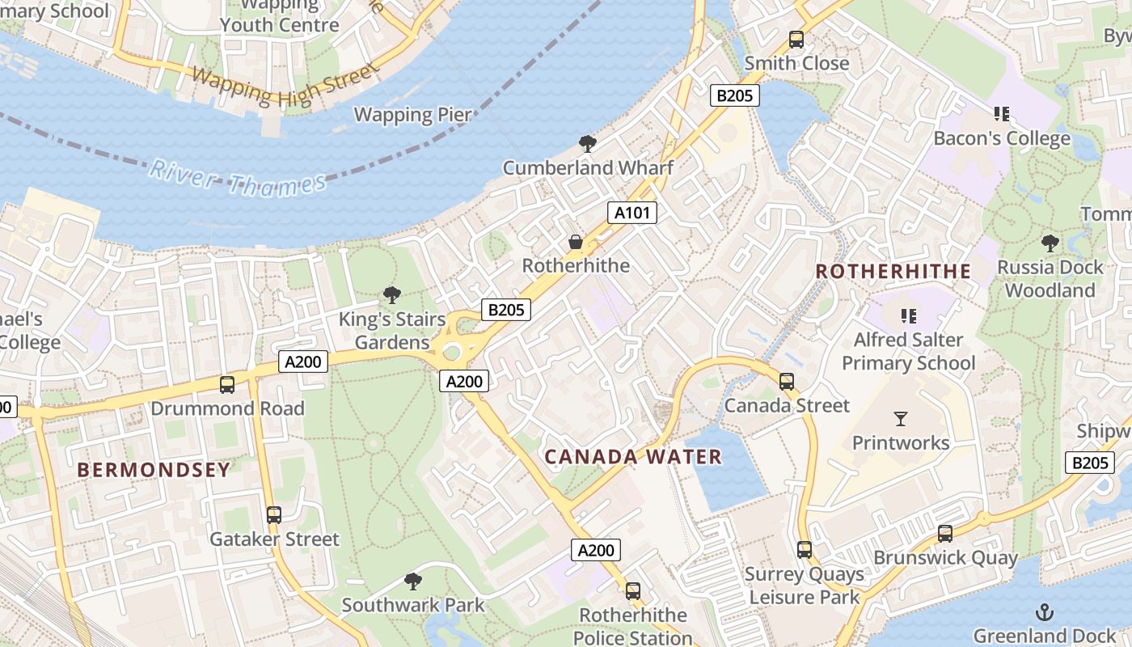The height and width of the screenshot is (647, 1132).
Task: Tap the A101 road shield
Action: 631,213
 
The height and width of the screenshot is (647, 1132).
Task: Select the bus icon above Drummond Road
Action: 227,385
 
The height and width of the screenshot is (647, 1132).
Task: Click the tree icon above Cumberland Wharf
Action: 588,145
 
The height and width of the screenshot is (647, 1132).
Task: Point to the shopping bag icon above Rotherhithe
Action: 576,242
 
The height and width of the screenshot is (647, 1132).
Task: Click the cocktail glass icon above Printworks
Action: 901,418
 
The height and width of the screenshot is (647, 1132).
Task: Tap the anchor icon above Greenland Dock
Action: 1045,611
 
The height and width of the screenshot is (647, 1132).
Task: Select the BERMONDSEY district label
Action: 154,470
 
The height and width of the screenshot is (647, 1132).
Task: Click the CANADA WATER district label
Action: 633,457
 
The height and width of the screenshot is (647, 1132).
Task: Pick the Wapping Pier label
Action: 412,114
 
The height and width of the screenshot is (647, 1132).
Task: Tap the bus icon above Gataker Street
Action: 274,514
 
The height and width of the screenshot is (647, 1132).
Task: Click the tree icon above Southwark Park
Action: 413,581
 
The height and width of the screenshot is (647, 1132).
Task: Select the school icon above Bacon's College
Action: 1002,114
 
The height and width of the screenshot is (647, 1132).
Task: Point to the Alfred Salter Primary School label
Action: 909,351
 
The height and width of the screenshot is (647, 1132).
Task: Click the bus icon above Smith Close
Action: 796,39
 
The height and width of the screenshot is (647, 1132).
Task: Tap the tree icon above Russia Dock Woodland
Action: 1050,242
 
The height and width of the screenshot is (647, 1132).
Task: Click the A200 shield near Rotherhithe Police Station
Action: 596,550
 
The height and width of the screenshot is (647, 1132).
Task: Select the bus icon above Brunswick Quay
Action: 945,534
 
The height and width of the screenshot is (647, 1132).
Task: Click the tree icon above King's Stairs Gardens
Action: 392,294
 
